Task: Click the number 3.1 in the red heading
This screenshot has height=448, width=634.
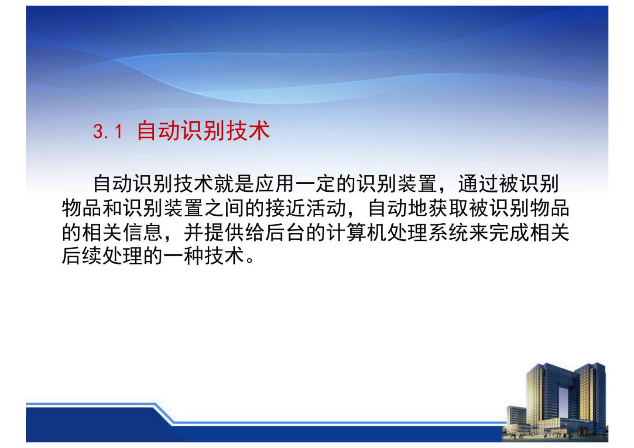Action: click(x=107, y=131)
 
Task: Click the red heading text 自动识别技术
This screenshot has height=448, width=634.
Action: click(x=203, y=131)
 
